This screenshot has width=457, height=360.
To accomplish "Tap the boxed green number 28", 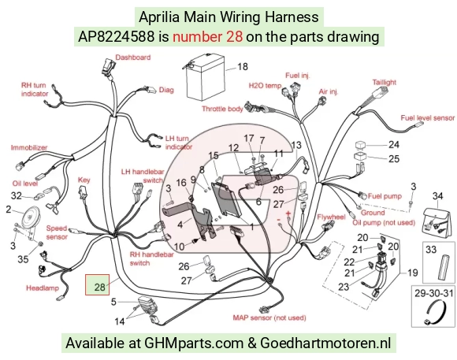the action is click(99, 287).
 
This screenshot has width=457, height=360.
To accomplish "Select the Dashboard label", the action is click(133, 58).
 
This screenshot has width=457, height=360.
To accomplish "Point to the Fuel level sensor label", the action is click(427, 117).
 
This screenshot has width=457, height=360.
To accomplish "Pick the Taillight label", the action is click(385, 82).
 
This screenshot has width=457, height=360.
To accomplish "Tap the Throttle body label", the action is click(222, 109).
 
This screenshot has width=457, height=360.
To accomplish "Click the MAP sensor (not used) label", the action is click(269, 317).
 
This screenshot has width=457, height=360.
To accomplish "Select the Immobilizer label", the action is click(29, 147).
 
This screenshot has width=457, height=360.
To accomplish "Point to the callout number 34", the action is click(437, 196).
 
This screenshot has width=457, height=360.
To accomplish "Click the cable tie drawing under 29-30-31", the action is click(435, 312).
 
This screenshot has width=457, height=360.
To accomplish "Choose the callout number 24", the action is click(394, 144).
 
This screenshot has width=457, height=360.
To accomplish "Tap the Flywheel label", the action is click(331, 217).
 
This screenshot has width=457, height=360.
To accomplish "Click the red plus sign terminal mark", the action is click(288, 213).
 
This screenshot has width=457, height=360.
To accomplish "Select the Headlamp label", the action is click(43, 288).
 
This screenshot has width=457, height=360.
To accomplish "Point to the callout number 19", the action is click(412, 273).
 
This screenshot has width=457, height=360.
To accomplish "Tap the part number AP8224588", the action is click(117, 37).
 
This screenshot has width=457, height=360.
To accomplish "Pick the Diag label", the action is click(166, 90).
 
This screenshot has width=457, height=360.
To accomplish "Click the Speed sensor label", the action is click(57, 232).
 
